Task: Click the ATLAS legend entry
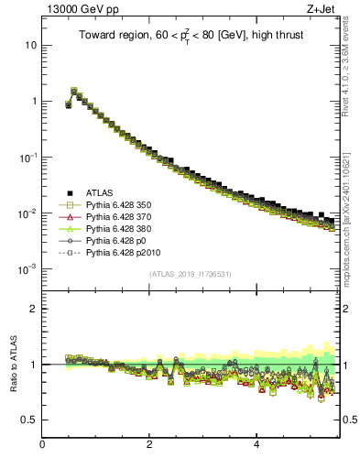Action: tap(101, 192)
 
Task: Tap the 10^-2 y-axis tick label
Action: tap(28, 213)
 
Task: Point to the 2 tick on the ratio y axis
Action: tap(34, 309)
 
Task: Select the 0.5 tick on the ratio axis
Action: tap(29, 420)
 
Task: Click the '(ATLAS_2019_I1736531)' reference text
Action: tap(190, 274)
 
